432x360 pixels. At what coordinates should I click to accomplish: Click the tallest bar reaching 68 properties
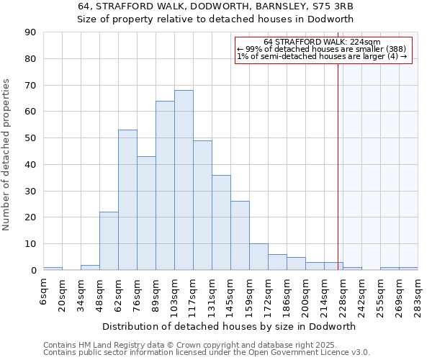click(x=184, y=180)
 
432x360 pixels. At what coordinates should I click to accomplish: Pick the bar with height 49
click(x=202, y=205)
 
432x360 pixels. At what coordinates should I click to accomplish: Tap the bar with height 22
click(x=109, y=241)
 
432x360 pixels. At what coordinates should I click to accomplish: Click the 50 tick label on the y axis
click(x=30, y=138)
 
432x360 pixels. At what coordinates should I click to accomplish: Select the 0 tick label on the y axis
click(x=33, y=271)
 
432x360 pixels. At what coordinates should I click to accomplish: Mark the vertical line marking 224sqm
click(x=338, y=166)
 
